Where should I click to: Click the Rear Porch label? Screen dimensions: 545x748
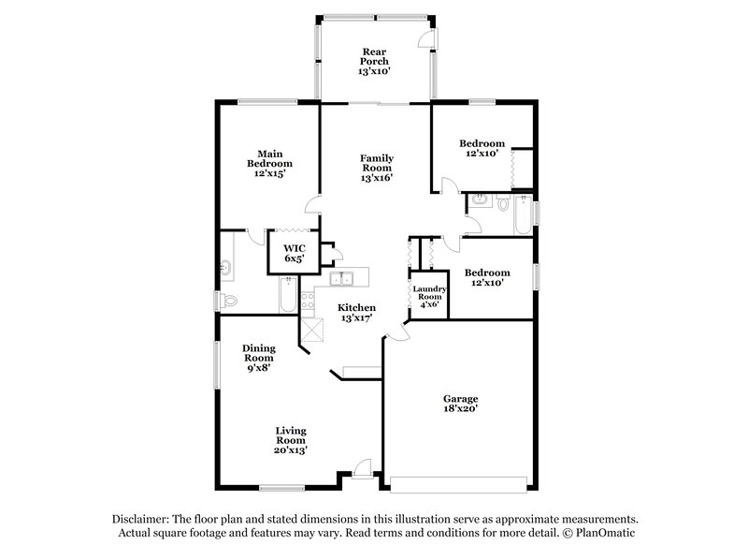(x=376, y=62)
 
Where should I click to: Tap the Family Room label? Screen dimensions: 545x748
(x=377, y=168)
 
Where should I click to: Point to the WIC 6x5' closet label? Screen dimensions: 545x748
(x=295, y=252)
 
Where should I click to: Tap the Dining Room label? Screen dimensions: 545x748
(x=258, y=357)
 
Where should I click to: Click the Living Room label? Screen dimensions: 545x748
(x=291, y=440)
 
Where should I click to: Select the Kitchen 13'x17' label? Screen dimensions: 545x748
(x=356, y=313)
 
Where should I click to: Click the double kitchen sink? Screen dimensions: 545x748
(x=345, y=277)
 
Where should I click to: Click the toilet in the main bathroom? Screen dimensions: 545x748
(x=228, y=300)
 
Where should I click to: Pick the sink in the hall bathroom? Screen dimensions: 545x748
(x=480, y=200)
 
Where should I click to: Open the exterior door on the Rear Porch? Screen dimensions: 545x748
(x=426, y=37)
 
